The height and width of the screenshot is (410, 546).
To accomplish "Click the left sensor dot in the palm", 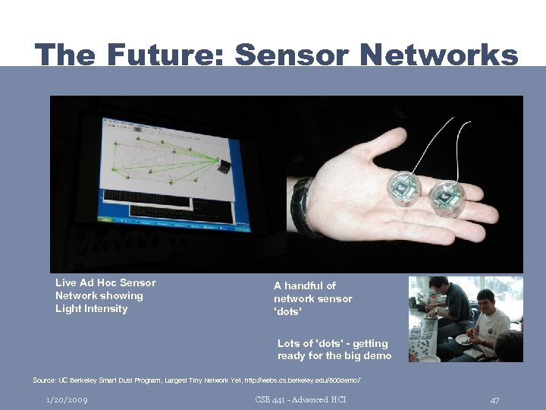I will pos(401,188).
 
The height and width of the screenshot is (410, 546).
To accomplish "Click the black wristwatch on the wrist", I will pos(303,207).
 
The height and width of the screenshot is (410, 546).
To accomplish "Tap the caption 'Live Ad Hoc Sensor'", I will pos(105,282).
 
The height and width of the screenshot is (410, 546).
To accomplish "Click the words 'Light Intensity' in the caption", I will pos(91,308).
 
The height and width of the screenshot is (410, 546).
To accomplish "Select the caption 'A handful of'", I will pos(304,285).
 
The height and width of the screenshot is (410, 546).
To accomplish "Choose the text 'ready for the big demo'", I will pos(334,355).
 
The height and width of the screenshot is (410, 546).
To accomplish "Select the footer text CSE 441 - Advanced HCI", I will pos(301,399).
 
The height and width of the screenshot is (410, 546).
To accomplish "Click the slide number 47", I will pos(494,399).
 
